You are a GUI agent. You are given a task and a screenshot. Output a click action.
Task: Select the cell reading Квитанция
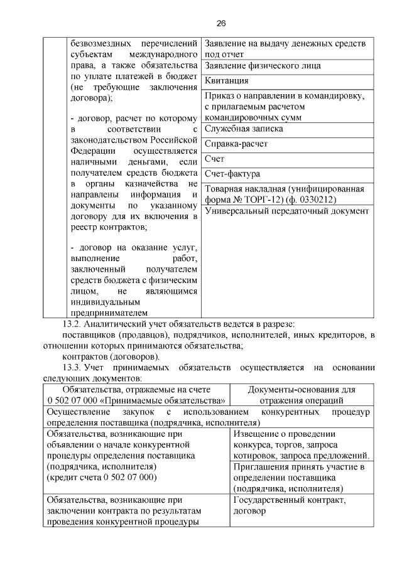227,81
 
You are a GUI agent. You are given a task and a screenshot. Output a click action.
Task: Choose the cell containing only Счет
215,159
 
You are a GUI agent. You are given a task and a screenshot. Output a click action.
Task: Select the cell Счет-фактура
232,174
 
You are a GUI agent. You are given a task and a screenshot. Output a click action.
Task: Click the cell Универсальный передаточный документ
286,212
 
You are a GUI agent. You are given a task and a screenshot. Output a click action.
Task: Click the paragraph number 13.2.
72,324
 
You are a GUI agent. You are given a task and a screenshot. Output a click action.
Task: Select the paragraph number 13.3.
72,367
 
